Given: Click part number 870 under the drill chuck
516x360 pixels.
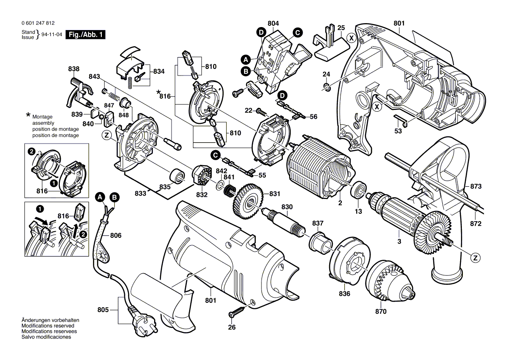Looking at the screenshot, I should (381, 312).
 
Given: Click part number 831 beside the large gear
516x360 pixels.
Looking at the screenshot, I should (274, 194).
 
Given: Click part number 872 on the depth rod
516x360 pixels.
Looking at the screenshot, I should (475, 224).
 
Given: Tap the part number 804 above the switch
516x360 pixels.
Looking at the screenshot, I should (274, 23).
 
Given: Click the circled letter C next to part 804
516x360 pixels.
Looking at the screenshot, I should (297, 32).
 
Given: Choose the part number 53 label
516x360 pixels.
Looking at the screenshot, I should (398, 131).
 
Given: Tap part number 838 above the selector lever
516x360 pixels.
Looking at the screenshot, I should (74, 69).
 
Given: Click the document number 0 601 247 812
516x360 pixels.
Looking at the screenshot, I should (38, 23).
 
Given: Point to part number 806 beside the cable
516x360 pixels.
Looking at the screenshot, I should (116, 236).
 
